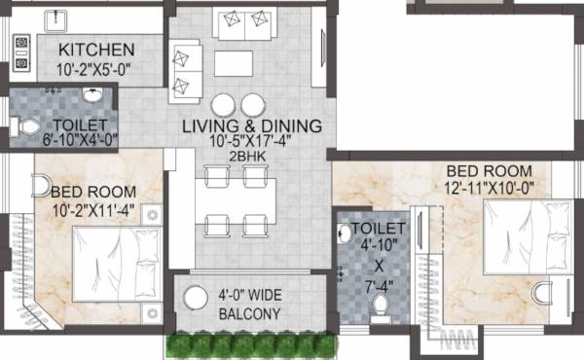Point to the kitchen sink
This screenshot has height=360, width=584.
click(23, 18)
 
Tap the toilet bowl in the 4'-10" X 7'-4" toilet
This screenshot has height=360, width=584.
click(381, 305)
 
